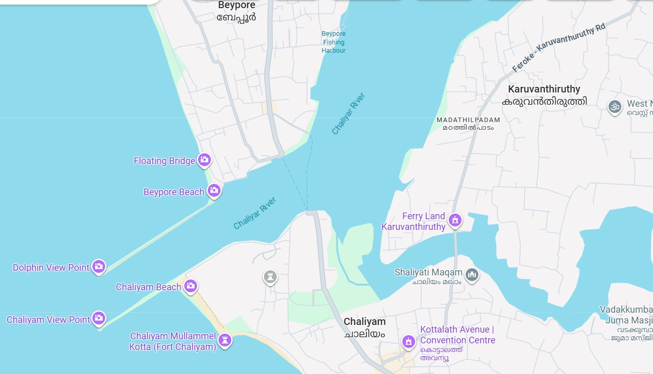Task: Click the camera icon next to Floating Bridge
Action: pyautogui.click(x=204, y=160)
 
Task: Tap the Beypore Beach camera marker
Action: pyautogui.click(x=214, y=191)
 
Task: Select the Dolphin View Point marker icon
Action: pyautogui.click(x=99, y=266)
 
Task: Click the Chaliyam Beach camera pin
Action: pyautogui.click(x=190, y=286)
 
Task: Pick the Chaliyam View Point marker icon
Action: pyautogui.click(x=99, y=318)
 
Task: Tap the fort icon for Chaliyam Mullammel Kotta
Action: pyautogui.click(x=225, y=339)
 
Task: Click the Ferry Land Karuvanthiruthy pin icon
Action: pyautogui.click(x=454, y=220)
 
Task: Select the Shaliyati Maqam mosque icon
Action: pyautogui.click(x=472, y=275)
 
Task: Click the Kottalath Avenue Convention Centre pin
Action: pyautogui.click(x=408, y=341)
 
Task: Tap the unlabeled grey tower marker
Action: pyautogui.click(x=270, y=277)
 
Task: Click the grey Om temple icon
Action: pyautogui.click(x=615, y=107)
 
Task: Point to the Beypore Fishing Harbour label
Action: pyautogui.click(x=333, y=42)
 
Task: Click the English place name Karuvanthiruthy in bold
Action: pyautogui.click(x=544, y=89)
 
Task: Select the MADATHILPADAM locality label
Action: pyautogui.click(x=468, y=120)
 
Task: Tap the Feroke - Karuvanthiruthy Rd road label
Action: pyautogui.click(x=559, y=48)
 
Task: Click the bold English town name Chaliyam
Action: pyautogui.click(x=365, y=321)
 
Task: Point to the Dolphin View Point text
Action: pyautogui.click(x=51, y=267)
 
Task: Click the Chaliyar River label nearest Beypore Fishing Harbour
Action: pyautogui.click(x=349, y=113)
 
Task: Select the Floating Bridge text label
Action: pyautogui.click(x=164, y=161)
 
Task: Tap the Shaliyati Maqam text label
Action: pyautogui.click(x=428, y=272)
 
